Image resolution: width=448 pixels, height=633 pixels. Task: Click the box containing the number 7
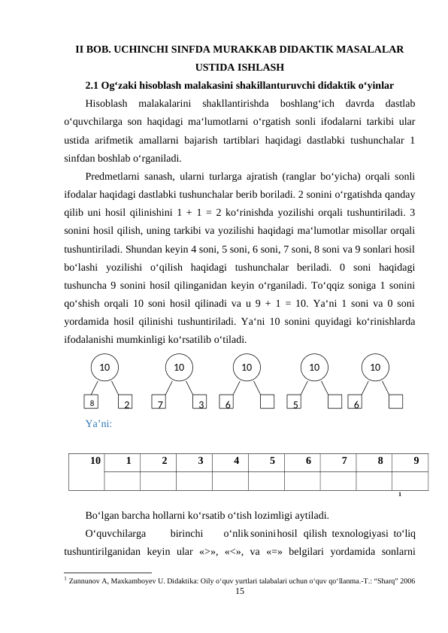160,404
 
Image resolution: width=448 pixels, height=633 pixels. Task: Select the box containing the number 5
297,404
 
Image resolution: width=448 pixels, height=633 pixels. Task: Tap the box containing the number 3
201,404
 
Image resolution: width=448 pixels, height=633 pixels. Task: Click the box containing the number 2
126,404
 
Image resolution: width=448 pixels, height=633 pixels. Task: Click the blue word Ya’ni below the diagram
98,424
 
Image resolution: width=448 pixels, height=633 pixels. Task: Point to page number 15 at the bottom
240,593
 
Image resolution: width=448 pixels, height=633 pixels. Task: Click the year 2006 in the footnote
408,581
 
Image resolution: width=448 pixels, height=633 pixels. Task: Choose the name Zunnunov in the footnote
90,581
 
